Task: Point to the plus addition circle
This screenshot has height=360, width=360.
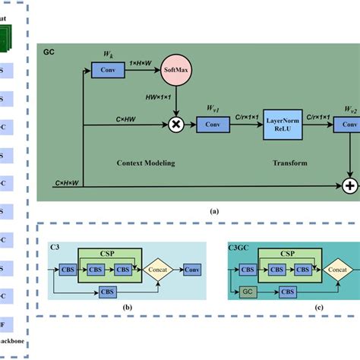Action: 351,185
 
